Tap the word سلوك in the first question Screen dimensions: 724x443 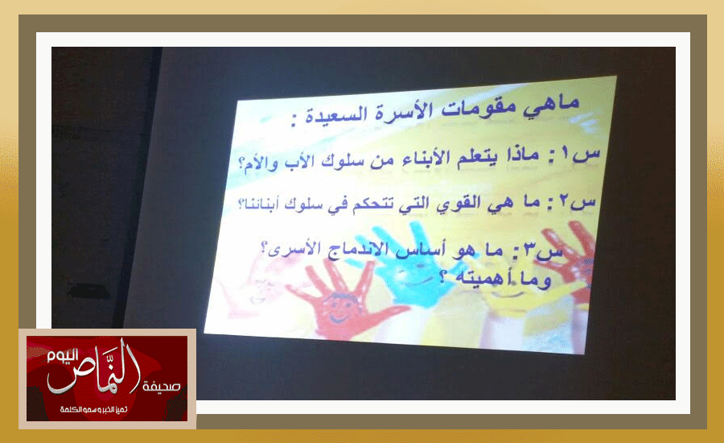(x=341, y=161)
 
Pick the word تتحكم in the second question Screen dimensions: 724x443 (x=372, y=205)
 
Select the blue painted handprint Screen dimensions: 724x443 (x=406, y=263)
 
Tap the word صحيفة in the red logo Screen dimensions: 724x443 (x=161, y=386)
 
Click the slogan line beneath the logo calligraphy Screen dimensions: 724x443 (x=94, y=410)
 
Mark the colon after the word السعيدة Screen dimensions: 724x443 (x=294, y=122)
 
